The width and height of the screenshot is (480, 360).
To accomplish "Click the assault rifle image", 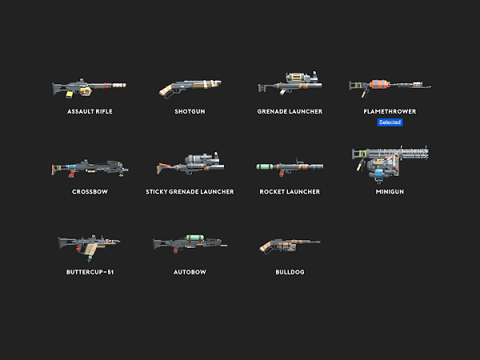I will pos(90,85).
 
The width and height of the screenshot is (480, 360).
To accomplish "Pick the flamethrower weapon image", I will pos(389,84).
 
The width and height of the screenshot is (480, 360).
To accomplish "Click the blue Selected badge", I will pos(390,122).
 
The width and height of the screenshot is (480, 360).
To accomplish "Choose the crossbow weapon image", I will pos(90,166).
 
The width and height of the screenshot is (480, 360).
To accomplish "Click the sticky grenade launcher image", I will pos(190,165).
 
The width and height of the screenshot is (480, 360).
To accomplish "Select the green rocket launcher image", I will pos(290,166).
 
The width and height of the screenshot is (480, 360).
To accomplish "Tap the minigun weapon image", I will pos(390,162).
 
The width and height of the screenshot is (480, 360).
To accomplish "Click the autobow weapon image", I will pos(190,242).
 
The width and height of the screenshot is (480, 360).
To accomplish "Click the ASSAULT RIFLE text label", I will pos(90,111).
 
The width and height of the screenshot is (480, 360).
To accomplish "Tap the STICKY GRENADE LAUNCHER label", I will pos(190,192).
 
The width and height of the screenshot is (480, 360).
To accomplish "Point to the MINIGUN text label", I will pos(390,192).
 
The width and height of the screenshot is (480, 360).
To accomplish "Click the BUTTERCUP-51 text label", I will pos(90,272).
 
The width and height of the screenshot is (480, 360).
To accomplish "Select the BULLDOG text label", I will pos(290,272).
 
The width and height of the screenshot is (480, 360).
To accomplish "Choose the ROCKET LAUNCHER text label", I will pos(290,192).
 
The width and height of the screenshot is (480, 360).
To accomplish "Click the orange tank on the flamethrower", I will pos(379,83).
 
